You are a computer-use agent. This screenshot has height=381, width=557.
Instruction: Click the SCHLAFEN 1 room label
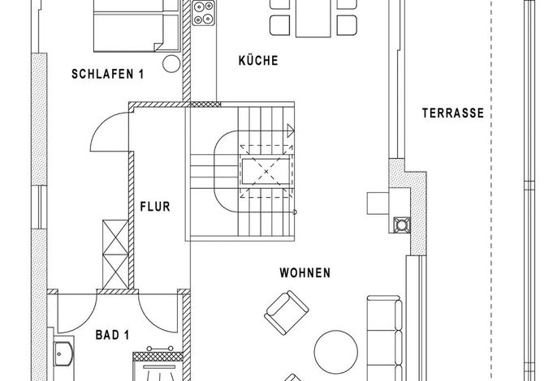[x=108, y=74]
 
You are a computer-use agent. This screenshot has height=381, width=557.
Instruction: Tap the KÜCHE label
[x=258, y=60]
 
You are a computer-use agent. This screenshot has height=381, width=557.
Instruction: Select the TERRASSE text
[x=453, y=113]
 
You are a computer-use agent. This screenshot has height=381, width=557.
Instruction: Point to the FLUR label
[x=155, y=207]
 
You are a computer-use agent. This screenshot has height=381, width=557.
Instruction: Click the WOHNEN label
[x=305, y=273]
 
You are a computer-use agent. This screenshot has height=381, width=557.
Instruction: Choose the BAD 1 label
[x=112, y=335]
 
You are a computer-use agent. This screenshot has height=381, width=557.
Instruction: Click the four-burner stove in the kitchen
[x=204, y=13]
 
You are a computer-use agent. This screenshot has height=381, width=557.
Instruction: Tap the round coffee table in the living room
[x=335, y=352]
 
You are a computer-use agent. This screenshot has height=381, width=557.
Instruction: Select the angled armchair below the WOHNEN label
[x=287, y=313]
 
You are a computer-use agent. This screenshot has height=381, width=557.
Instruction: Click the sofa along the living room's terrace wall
[x=385, y=338]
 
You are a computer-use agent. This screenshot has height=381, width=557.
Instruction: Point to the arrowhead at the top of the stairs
[x=291, y=131]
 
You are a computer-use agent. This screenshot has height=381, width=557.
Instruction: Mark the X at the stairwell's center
[x=266, y=172]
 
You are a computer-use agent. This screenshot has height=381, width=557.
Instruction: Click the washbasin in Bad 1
[x=64, y=354]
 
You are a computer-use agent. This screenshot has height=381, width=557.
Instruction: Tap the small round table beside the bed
[x=171, y=63]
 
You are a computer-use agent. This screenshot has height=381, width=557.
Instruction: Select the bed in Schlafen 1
[x=136, y=26]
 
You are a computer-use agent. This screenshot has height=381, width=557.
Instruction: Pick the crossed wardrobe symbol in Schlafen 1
[x=115, y=254]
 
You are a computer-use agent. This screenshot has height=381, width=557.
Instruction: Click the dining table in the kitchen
[x=313, y=19]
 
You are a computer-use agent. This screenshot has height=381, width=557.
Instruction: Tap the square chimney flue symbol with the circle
[x=402, y=225]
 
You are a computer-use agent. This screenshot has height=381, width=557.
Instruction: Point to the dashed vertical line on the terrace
[x=492, y=190]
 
